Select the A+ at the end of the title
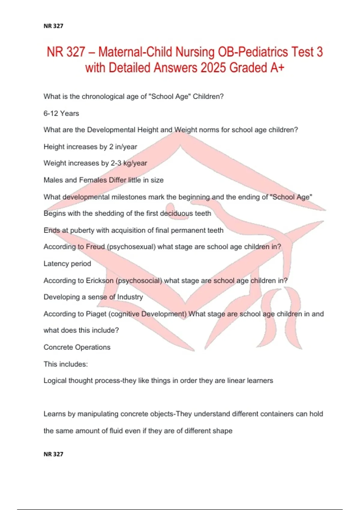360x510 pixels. (x=277, y=68)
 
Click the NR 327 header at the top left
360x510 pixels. (x=53, y=26)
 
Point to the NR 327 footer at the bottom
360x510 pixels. (x=53, y=454)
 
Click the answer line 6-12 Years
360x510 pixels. (x=61, y=113)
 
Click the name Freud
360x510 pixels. (x=95, y=247)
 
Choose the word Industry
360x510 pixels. (x=130, y=297)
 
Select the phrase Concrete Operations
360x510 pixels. (x=77, y=347)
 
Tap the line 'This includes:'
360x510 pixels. (x=66, y=364)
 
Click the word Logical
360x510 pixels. (x=55, y=381)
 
